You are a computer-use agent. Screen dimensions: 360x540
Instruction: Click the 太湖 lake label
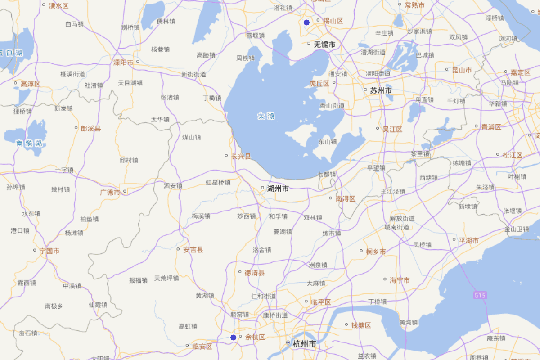(x=266, y=116)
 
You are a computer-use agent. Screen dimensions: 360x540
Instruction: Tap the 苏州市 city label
(x=381, y=90)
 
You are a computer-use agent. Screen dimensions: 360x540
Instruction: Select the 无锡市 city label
(x=324, y=45)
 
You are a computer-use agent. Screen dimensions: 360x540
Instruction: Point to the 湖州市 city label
(x=278, y=189)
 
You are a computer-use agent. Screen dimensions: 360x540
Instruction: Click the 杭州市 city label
(x=304, y=344)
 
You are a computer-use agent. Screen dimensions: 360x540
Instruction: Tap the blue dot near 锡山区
(x=306, y=22)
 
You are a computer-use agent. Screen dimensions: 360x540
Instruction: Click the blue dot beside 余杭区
(x=234, y=337)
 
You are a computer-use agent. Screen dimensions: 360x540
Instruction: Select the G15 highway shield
(x=480, y=296)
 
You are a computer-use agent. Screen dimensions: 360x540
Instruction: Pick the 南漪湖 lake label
(x=29, y=144)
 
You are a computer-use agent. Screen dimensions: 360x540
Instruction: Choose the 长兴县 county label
(x=241, y=157)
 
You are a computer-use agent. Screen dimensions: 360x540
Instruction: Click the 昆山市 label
(x=462, y=70)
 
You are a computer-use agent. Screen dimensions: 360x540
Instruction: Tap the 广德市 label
(x=110, y=192)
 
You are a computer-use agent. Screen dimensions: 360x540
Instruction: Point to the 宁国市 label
(x=49, y=251)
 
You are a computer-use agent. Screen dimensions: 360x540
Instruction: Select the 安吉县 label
(x=193, y=250)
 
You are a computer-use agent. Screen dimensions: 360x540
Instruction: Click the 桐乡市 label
(x=376, y=252)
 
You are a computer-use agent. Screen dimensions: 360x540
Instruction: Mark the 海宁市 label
(x=400, y=280)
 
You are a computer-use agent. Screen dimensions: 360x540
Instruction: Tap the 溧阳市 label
(x=123, y=63)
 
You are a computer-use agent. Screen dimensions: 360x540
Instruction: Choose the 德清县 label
(x=254, y=273)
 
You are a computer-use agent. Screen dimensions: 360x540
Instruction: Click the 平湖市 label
(x=468, y=240)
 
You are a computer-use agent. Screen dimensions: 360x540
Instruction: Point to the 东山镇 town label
(x=328, y=142)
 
